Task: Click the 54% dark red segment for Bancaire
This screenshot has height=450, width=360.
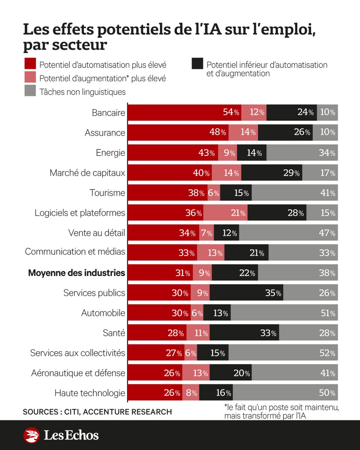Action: [184, 112]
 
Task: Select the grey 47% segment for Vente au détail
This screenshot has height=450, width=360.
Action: [288, 233]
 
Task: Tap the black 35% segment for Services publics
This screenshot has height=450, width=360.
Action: [246, 292]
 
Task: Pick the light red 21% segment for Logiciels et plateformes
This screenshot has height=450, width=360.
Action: [225, 213]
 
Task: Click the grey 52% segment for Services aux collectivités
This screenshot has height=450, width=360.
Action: [283, 353]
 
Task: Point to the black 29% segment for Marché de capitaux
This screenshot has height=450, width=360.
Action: [271, 173]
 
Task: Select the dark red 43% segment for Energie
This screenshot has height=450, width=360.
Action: [173, 153]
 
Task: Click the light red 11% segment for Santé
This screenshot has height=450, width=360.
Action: [198, 333]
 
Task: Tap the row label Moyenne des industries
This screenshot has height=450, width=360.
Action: [76, 273]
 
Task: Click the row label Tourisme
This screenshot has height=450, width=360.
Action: [107, 193]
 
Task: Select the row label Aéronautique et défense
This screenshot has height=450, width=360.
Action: [78, 373]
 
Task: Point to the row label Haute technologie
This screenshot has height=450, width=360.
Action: [90, 393]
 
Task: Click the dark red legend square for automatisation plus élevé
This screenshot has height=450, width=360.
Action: [30, 64]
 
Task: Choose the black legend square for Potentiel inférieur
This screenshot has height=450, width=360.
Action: [197, 64]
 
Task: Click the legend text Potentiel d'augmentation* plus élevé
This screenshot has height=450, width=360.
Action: [102, 78]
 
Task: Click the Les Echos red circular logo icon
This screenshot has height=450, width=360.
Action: [31, 435]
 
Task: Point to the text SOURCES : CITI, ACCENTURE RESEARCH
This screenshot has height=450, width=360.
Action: [97, 412]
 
